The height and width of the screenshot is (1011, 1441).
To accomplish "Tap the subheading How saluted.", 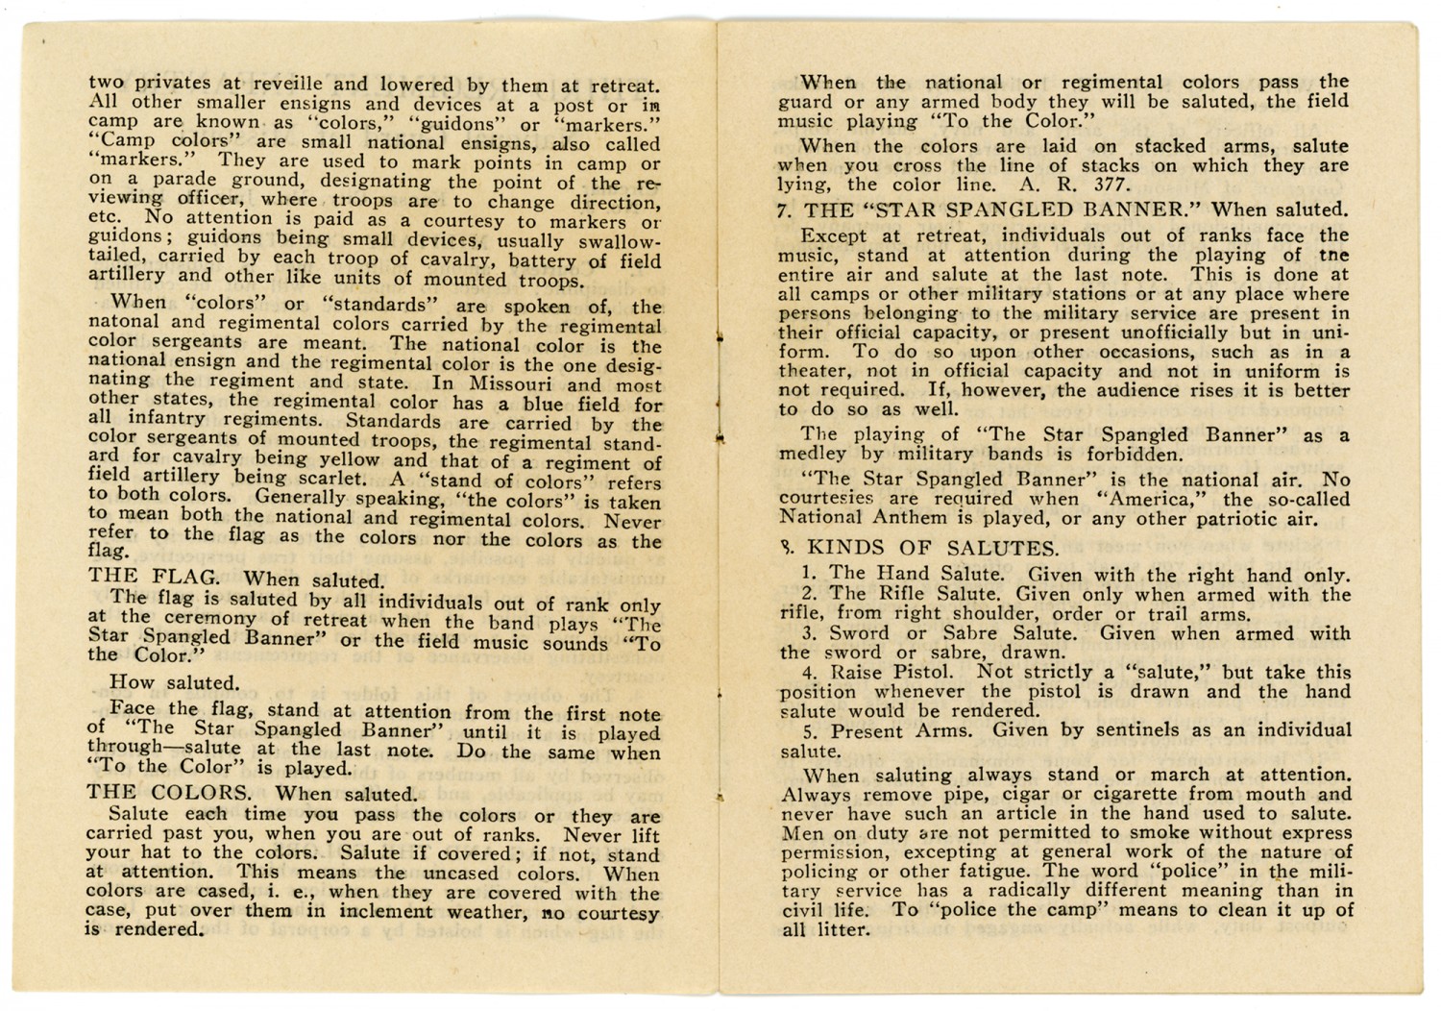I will point(173,682).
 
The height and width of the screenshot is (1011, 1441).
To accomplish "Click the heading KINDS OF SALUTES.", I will point(933,549).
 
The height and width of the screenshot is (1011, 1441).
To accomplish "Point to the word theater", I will point(811,371).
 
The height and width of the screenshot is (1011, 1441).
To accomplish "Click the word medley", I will point(813,454).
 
